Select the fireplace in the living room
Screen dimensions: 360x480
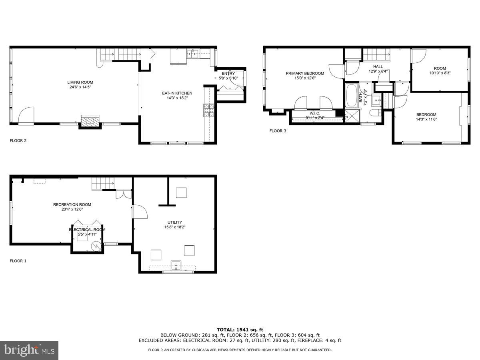(x=90, y=121)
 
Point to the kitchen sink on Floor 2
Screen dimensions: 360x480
(x=194, y=54)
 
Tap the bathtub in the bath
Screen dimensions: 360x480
(x=352, y=96)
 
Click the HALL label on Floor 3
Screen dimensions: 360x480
(x=378, y=66)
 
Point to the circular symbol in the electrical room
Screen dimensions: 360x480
(x=96, y=246)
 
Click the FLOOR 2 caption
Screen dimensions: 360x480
(x=18, y=141)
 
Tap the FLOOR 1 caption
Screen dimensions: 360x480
(x=18, y=261)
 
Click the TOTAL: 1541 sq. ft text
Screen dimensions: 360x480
(x=240, y=330)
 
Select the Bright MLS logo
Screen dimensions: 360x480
(x=29, y=350)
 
